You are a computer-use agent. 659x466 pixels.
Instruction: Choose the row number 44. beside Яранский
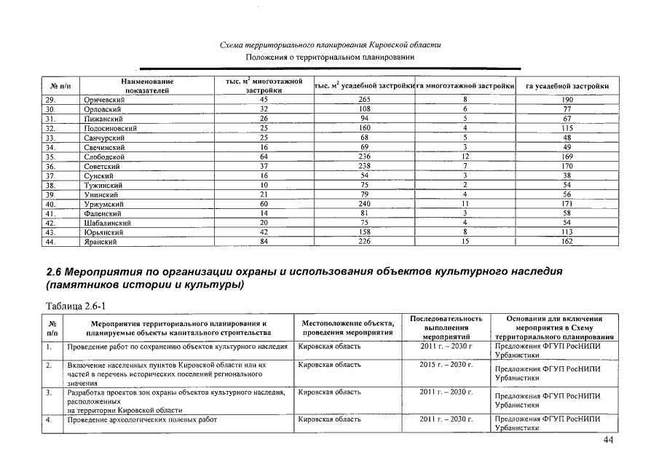(x=52, y=242)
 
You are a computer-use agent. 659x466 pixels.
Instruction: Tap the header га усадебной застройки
(x=567, y=87)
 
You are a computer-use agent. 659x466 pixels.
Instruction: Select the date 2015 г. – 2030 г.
(x=446, y=364)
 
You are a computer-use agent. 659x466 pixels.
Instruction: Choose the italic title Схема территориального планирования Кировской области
(x=330, y=45)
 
